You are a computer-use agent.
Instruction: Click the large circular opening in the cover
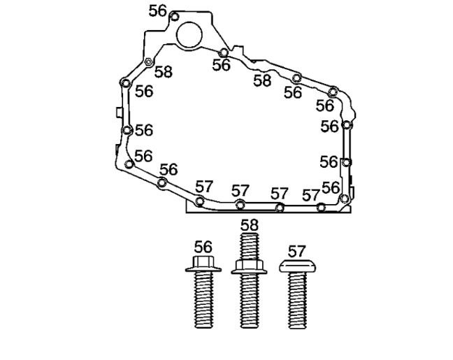pyautogui.click(x=189, y=35)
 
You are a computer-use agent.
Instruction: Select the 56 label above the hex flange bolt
pyautogui.click(x=203, y=247)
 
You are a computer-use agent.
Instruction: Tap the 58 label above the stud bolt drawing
pyautogui.click(x=250, y=225)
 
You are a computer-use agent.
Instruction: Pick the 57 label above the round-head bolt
pyautogui.click(x=296, y=252)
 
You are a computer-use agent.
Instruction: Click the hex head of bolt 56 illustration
pyautogui.click(x=203, y=261)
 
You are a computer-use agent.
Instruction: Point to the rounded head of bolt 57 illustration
pyautogui.click(x=297, y=266)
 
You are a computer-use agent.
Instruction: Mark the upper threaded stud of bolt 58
pyautogui.click(x=250, y=246)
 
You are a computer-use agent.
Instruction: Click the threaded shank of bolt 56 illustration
pyautogui.click(x=203, y=300)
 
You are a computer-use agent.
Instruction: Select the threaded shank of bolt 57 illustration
pyautogui.click(x=297, y=301)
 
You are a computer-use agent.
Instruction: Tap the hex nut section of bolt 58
pyautogui.click(x=249, y=264)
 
